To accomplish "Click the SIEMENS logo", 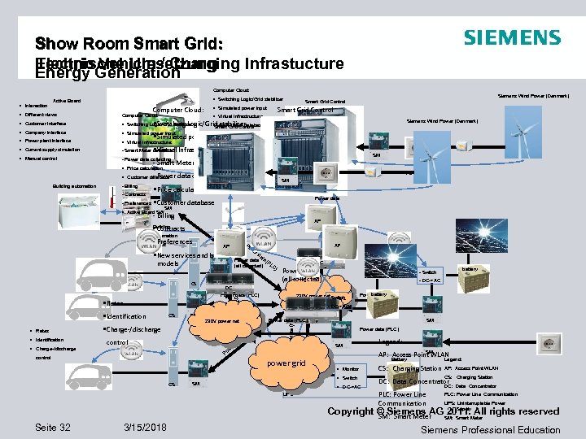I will coord(512,37).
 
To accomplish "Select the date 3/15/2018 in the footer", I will coord(144,428).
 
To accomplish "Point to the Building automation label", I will coord(73,186).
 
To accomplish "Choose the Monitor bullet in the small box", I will coord(351,369).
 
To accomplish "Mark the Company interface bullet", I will coord(46,132).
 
